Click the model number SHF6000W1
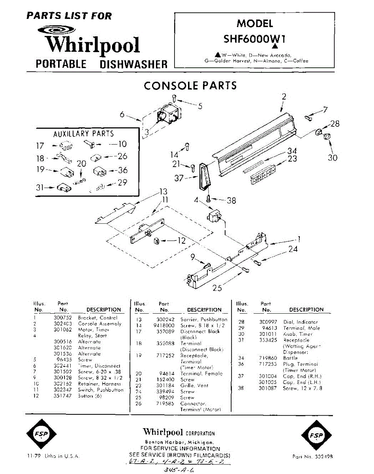tap(255, 39)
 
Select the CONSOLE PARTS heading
tap(190, 85)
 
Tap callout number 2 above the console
tap(284, 96)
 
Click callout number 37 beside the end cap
tap(179, 178)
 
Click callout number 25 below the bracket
tap(217, 288)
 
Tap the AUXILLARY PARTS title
tap(83, 134)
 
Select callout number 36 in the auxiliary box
tap(123, 171)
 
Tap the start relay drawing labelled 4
tap(214, 217)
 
